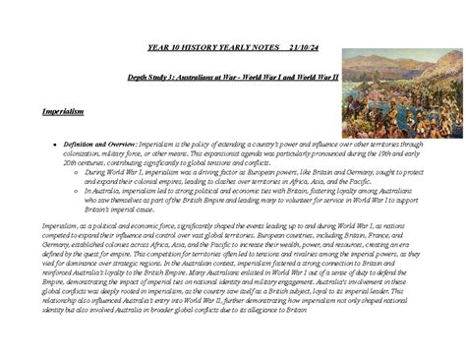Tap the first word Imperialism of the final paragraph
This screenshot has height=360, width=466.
pos(61,226)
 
